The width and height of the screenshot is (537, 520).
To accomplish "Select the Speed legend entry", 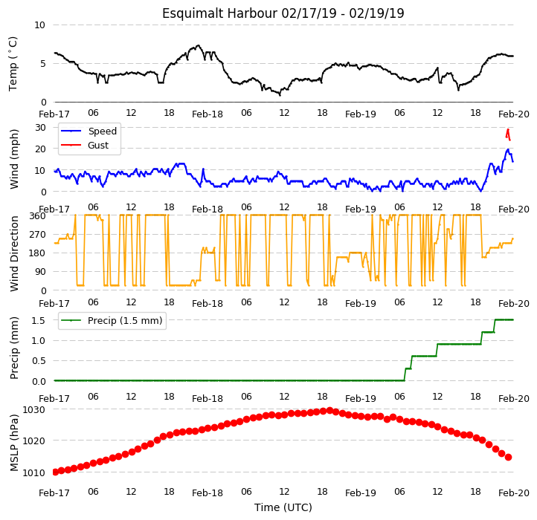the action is (89, 131).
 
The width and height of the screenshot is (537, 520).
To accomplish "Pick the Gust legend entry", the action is (85, 146).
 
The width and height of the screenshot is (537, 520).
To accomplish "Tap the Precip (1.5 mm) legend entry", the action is (112, 321).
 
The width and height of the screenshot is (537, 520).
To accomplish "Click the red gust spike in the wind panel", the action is (508, 134).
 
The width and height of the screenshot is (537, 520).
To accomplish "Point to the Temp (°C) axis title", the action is (13, 64).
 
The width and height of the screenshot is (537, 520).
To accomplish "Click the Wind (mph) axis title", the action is (14, 159).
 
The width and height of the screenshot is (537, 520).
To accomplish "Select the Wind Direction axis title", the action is (14, 253).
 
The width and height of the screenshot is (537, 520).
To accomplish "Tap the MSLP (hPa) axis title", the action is (14, 443).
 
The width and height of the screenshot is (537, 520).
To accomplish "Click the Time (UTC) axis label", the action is (283, 507).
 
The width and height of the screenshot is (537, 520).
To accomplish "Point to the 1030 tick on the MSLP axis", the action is (33, 410).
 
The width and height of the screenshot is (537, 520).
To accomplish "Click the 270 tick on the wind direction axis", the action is (39, 235).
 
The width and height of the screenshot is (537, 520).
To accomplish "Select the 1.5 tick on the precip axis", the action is (39, 321).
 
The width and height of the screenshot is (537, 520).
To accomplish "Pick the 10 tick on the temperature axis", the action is (39, 25).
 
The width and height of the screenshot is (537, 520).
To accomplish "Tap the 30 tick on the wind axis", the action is (40, 128).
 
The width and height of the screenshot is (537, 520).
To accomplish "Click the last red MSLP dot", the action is (508, 458).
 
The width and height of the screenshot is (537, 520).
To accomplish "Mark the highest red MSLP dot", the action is (329, 410).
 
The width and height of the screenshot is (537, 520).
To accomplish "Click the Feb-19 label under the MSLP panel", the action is (360, 493).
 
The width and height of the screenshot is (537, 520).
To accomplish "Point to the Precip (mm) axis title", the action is (14, 348).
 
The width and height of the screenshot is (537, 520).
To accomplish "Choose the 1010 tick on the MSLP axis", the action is (33, 472).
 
